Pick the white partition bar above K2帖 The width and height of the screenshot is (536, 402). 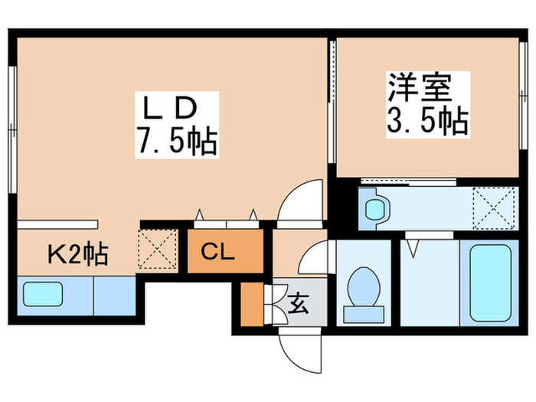[x=58, y=224]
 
